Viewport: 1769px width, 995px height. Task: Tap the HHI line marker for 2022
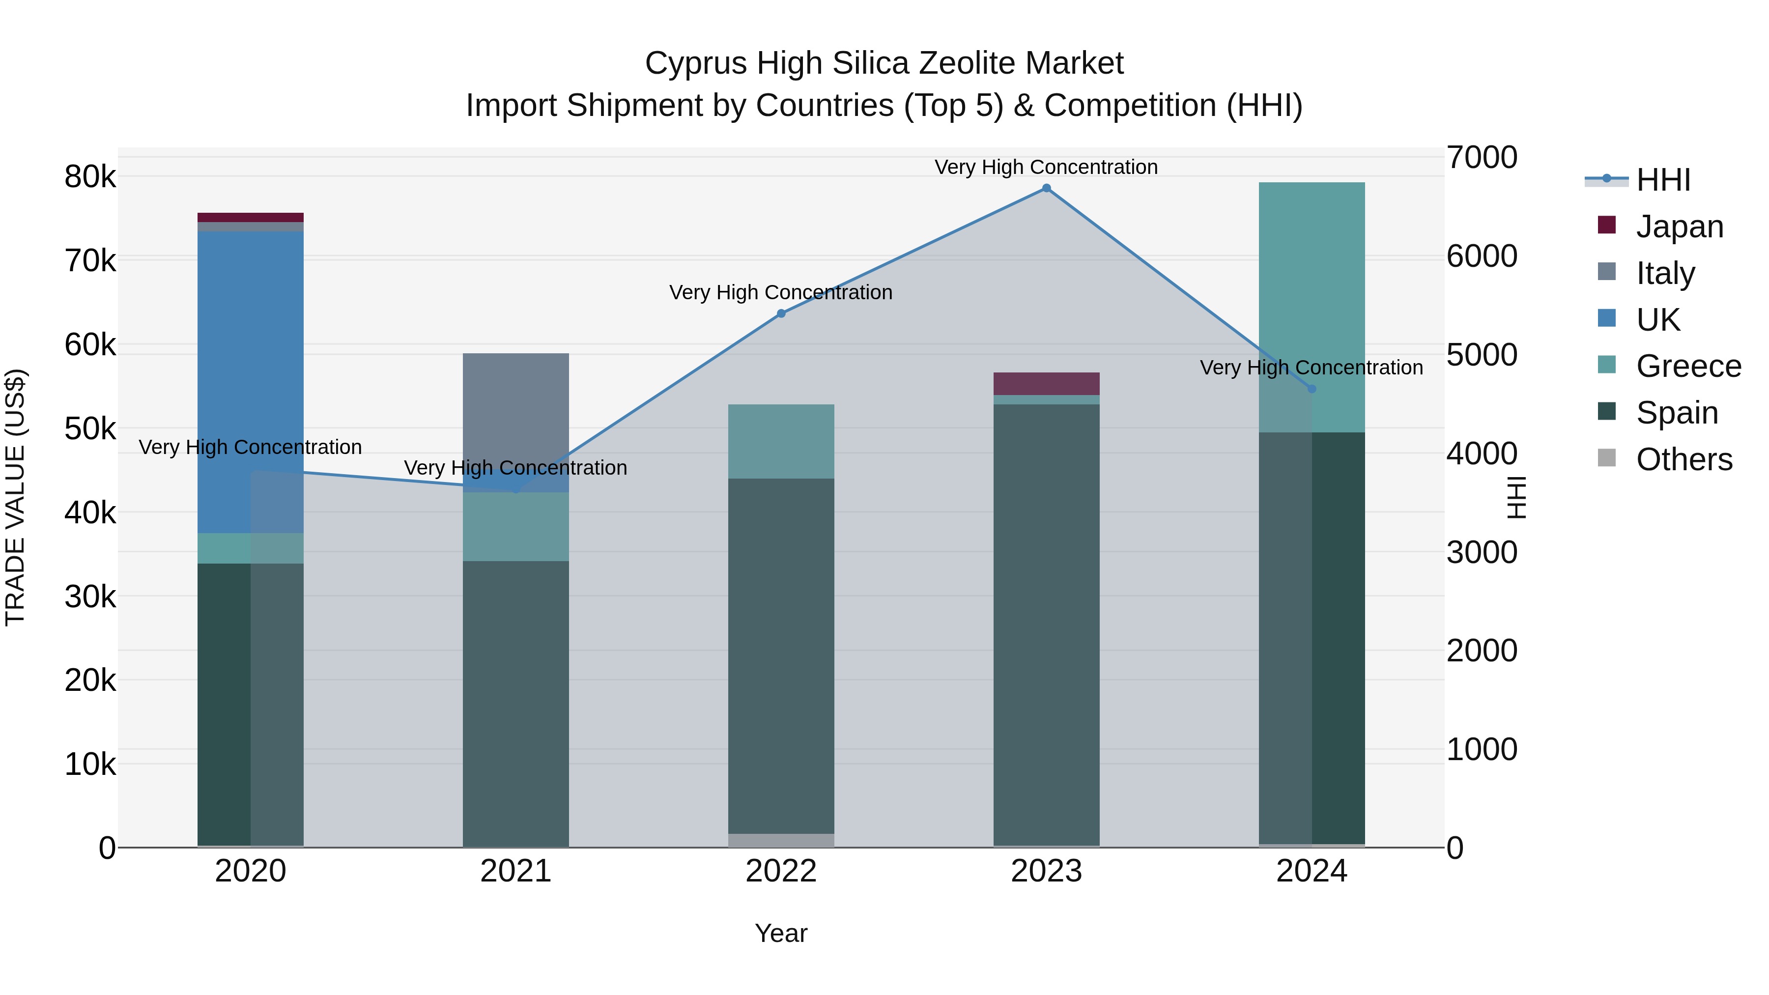pos(781,314)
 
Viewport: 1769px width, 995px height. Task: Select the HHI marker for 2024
pos(1312,389)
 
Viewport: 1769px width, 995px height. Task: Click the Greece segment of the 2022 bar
pos(781,441)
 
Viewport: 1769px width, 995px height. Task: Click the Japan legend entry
pos(1679,227)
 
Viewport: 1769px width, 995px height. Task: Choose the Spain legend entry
pos(1676,413)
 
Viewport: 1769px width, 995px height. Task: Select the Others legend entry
pos(1683,459)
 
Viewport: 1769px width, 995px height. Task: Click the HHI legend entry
pos(1662,180)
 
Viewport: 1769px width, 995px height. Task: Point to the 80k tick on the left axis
pos(90,177)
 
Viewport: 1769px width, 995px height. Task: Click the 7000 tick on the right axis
pos(1481,157)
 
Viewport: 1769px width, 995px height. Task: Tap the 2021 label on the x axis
pos(516,871)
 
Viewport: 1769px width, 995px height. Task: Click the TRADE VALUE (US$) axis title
pos(15,497)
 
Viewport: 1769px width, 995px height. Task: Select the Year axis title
pos(781,933)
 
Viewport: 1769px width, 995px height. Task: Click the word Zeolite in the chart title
pos(969,63)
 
